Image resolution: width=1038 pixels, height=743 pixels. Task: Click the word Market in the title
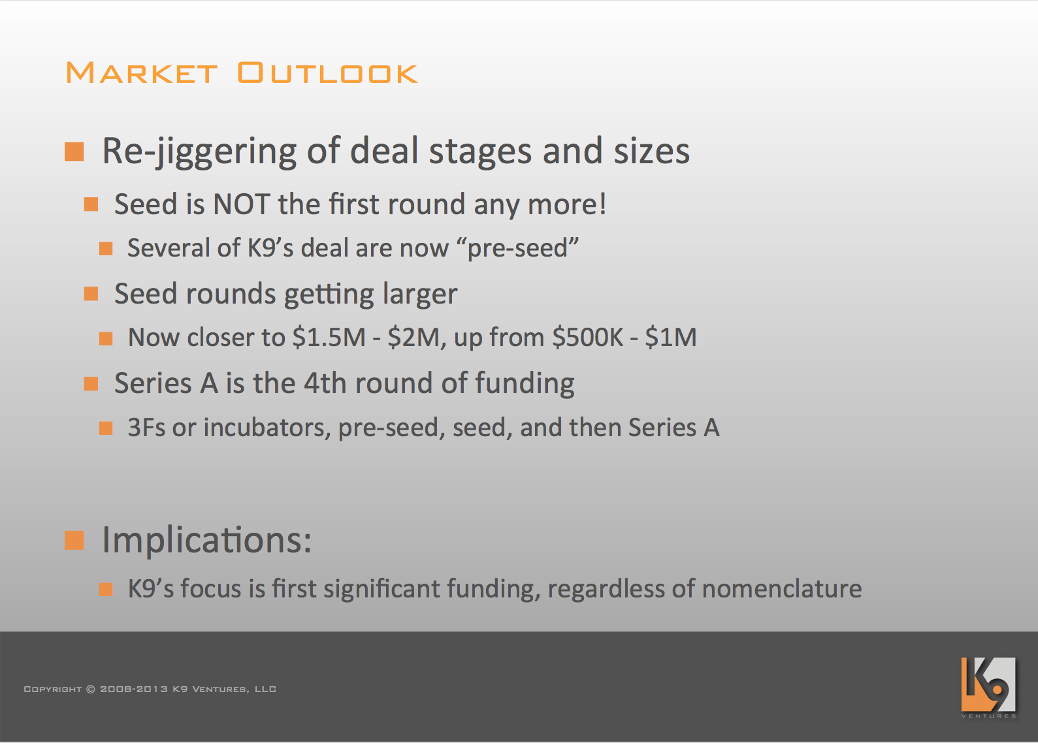(141, 72)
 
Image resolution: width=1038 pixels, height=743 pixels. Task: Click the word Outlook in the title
(328, 72)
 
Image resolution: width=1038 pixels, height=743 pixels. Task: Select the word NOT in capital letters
(241, 204)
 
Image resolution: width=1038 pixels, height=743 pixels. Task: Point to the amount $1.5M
(329, 337)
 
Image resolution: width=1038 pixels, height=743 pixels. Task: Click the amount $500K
(587, 337)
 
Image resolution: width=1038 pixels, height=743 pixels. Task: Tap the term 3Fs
(146, 427)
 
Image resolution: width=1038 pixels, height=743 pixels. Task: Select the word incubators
(267, 427)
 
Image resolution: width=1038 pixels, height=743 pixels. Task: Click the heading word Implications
(206, 540)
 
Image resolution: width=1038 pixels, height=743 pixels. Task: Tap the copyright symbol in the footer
(91, 689)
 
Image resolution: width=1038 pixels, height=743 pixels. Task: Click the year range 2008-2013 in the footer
(134, 689)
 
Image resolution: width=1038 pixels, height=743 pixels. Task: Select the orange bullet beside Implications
(74, 541)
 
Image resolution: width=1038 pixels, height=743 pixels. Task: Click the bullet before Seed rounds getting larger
(91, 294)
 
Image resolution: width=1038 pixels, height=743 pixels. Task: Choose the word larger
(420, 294)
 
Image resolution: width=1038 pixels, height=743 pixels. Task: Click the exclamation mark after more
(602, 204)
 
